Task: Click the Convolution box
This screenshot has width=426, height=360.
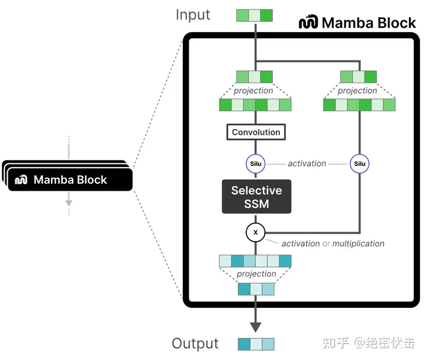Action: coord(256,132)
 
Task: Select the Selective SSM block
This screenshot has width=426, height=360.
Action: coord(256,197)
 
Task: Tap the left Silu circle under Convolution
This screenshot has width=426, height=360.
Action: coord(256,163)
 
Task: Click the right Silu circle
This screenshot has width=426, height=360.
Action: coord(359,163)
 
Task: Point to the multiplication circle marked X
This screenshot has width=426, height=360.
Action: coord(256,232)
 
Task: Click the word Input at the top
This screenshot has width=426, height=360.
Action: coord(193,15)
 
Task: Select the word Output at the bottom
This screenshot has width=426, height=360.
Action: coord(195,343)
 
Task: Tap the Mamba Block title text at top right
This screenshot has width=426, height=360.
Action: coord(369,23)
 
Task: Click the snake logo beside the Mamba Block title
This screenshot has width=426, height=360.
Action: coord(308,23)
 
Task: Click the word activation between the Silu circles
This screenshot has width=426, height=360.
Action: coord(306,163)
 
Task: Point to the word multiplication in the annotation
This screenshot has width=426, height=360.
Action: coord(358,243)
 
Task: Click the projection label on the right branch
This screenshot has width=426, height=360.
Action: coord(357,91)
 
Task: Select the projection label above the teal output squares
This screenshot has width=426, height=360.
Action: coord(256,274)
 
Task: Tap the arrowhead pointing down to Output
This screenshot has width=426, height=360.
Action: coord(256,326)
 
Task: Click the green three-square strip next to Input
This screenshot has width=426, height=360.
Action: coord(254,15)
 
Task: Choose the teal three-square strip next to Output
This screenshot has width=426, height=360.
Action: coord(256,344)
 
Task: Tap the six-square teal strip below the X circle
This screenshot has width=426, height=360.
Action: coord(256,261)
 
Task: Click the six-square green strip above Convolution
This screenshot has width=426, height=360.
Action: coord(256,105)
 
